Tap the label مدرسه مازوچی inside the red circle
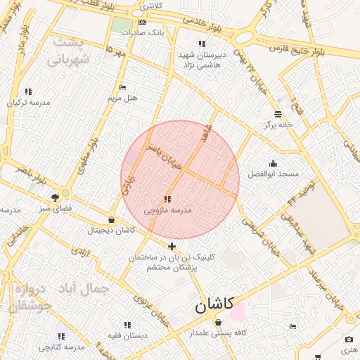(x=167, y=210)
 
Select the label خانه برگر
(x=277, y=125)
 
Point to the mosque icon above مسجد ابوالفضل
(x=273, y=164)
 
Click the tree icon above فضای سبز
(x=56, y=198)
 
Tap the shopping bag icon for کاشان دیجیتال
(x=111, y=220)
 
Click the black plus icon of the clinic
(x=172, y=246)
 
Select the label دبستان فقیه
(x=127, y=335)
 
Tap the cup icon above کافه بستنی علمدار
(x=218, y=322)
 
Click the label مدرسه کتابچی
(x=61, y=347)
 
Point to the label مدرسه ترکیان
(x=29, y=102)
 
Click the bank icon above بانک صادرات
(x=143, y=22)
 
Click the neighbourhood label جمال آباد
(x=86, y=288)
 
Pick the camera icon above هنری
(x=349, y=340)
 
